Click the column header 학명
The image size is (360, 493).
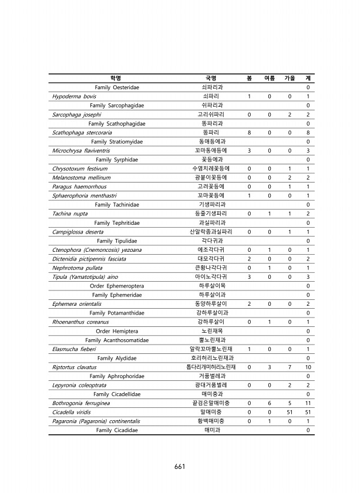pos(116,78)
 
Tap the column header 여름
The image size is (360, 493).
pos(270,78)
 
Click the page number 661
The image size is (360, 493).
pos(180,467)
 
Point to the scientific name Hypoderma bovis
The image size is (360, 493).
pos(74,96)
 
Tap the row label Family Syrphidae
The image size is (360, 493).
pos(117,160)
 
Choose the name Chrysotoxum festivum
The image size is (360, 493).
pos(80,168)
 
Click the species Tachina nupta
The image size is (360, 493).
pos(70,214)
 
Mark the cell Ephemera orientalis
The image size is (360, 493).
pos(76,304)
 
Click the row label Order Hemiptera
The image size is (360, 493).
pos(117,331)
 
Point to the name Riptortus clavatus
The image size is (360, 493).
pos(75,367)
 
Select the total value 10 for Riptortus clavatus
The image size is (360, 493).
pos(308,367)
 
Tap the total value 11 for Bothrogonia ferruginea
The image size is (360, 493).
pos(308,403)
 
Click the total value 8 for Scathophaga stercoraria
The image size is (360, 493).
pos(308,133)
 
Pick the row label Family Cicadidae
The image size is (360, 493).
pos(117,430)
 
